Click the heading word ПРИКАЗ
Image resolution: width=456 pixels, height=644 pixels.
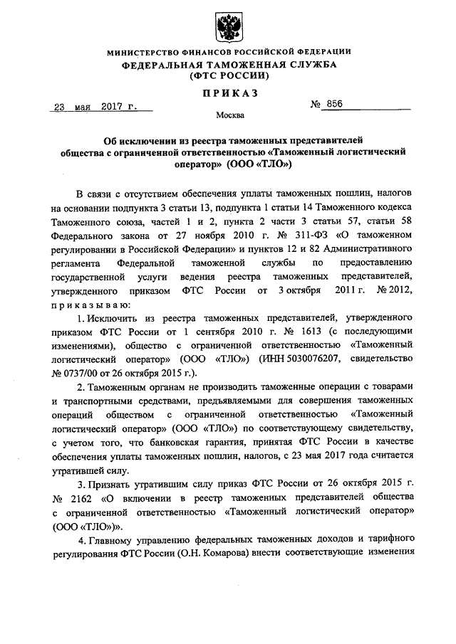[x=228, y=93]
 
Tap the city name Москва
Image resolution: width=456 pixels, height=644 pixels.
[x=228, y=115]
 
